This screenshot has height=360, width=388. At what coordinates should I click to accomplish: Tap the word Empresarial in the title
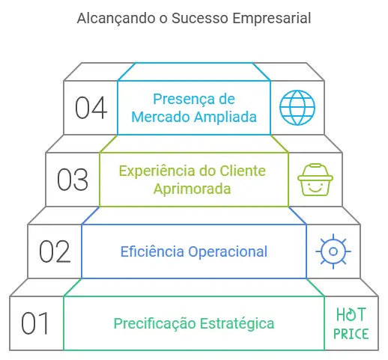click(271, 19)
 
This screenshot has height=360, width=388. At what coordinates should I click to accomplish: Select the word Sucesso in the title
click(199, 18)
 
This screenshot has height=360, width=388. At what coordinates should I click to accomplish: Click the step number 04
click(91, 108)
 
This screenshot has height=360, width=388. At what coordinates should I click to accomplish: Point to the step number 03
click(73, 180)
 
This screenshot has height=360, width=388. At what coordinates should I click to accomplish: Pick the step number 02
click(55, 251)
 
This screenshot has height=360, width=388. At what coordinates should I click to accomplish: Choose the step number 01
click(34, 323)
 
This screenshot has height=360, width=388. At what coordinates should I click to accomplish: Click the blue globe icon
click(297, 108)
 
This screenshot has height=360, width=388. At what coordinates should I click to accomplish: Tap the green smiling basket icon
click(315, 180)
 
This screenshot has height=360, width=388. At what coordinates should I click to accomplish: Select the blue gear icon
click(333, 251)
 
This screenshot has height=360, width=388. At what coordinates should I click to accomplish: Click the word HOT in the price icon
click(351, 314)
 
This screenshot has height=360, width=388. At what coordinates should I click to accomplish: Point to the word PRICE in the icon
click(351, 334)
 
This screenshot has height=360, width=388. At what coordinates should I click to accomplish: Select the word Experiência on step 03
click(158, 171)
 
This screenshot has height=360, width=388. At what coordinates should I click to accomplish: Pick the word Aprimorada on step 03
click(192, 189)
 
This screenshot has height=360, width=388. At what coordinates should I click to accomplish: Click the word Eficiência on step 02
click(152, 251)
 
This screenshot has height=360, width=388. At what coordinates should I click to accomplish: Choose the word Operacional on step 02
click(228, 252)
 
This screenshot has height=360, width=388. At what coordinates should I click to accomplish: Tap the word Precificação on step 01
click(155, 323)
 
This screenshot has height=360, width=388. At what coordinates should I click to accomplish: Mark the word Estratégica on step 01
click(237, 323)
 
